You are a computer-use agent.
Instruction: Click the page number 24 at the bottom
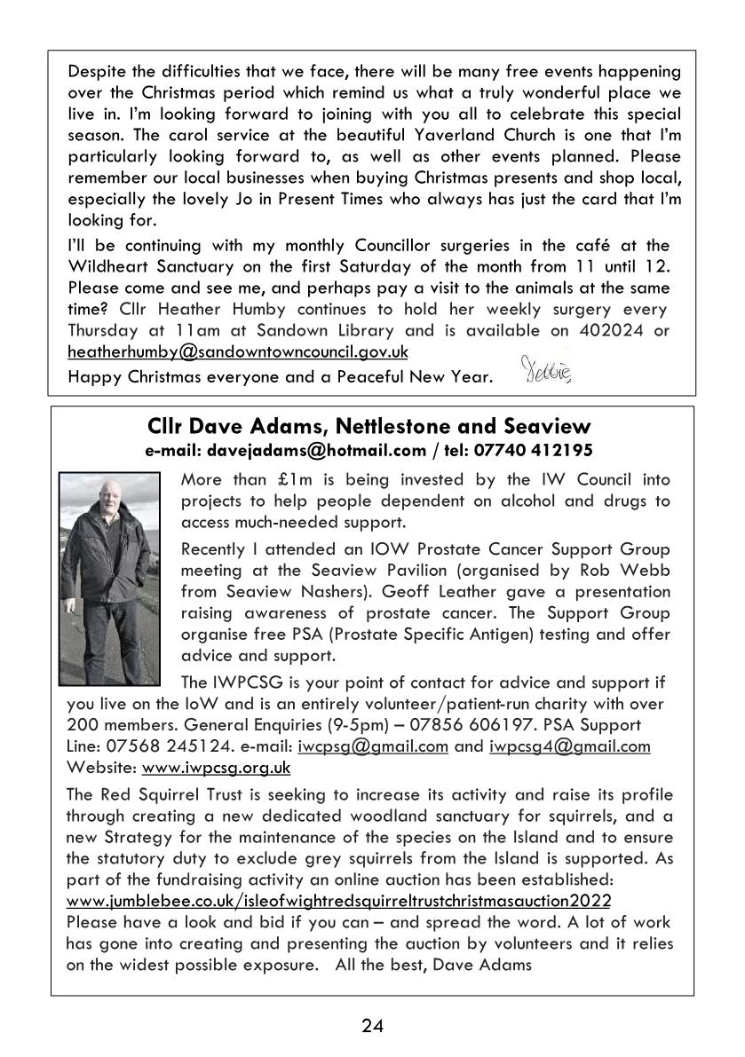(372, 1027)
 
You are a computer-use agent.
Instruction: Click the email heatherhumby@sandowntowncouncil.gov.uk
(238, 351)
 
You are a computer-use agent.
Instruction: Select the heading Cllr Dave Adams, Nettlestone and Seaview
(372, 429)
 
